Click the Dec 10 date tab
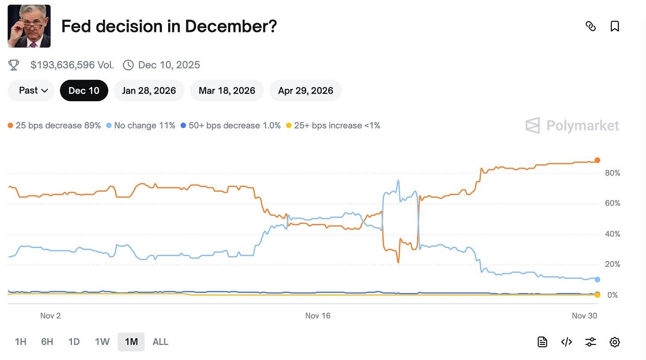coord(84,91)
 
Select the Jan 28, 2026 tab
coord(149,91)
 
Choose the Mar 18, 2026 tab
coord(227,91)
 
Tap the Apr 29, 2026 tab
coord(305,91)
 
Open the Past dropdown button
coord(32,91)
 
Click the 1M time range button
coord(131,342)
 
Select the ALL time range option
coord(160,342)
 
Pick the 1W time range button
coord(102,342)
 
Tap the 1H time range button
coord(20,342)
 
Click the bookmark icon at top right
coord(614,26)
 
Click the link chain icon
coord(591,26)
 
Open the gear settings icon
coord(614,342)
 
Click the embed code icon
coord(566,342)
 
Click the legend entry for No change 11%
coord(141,126)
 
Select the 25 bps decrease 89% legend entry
coord(55,126)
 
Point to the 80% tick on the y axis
coord(612,173)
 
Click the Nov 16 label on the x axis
coord(318,316)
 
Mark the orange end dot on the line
coord(597,160)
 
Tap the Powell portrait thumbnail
coord(29,26)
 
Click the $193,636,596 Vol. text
coord(72,65)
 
